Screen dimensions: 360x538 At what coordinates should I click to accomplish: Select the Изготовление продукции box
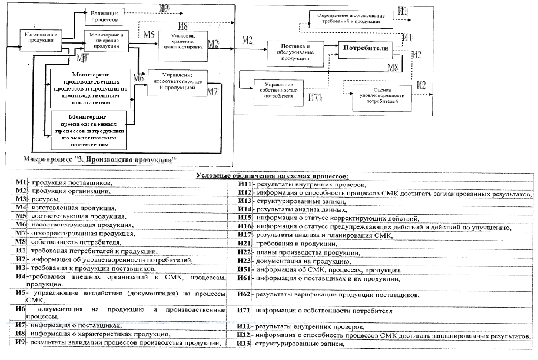pos(39,37)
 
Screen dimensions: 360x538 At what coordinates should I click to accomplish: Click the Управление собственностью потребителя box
pos(278,92)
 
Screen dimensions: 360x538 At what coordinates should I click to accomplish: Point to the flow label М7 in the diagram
pos(213,91)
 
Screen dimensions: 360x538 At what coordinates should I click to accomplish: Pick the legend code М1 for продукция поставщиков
pos(22,184)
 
